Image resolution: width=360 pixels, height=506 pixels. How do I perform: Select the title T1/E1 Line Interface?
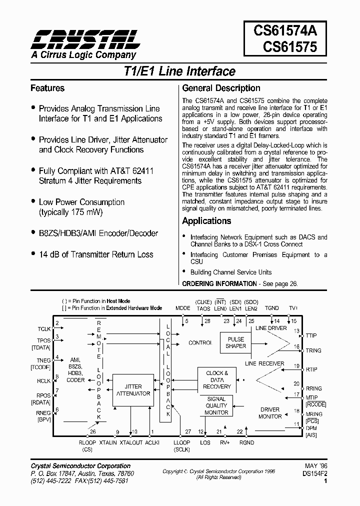179,71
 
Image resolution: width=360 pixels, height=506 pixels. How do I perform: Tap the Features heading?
47,88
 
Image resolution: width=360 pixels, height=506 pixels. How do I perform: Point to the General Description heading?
221,88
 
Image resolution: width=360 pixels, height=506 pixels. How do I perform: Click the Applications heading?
206,221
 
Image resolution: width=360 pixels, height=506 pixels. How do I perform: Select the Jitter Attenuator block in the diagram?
133,390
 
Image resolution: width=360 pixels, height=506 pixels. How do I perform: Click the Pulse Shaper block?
235,342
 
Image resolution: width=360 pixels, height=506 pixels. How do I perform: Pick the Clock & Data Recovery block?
217,380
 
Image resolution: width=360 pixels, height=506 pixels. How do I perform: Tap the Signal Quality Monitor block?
216,405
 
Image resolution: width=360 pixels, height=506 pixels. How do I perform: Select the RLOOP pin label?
87,443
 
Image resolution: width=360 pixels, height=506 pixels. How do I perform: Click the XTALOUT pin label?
131,443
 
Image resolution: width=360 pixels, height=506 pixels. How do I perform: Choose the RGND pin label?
247,443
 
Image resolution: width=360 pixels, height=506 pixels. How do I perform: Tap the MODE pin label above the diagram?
183,308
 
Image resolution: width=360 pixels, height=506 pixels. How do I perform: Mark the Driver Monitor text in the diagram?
269,413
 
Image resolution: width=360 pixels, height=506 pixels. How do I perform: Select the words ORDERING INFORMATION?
219,283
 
